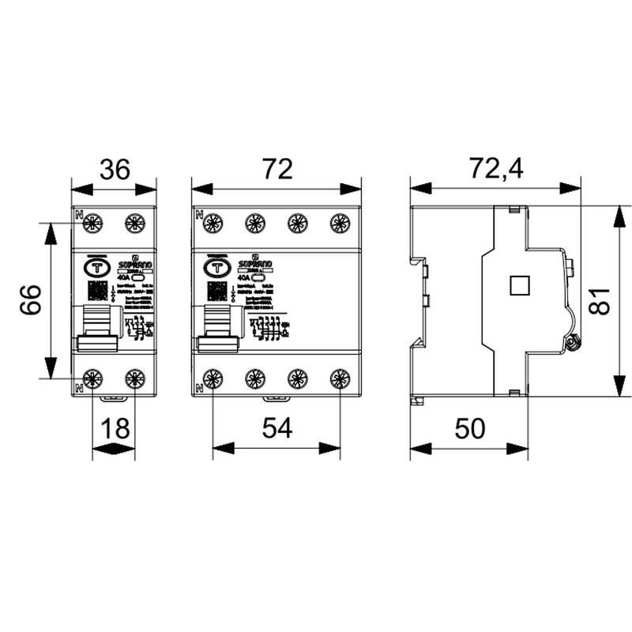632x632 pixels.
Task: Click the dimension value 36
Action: tap(114, 170)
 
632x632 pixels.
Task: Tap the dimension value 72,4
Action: tap(497, 170)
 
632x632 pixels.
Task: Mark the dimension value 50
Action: tap(468, 428)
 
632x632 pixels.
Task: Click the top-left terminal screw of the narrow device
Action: tap(93, 224)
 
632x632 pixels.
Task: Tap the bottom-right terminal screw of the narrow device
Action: tap(135, 379)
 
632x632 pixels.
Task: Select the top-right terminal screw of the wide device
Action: tap(340, 224)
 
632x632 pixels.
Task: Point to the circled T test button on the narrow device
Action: tap(97, 267)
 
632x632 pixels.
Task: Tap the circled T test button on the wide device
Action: tap(216, 267)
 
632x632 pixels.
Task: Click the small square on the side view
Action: tap(519, 284)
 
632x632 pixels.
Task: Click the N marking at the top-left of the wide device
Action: tap(198, 213)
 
